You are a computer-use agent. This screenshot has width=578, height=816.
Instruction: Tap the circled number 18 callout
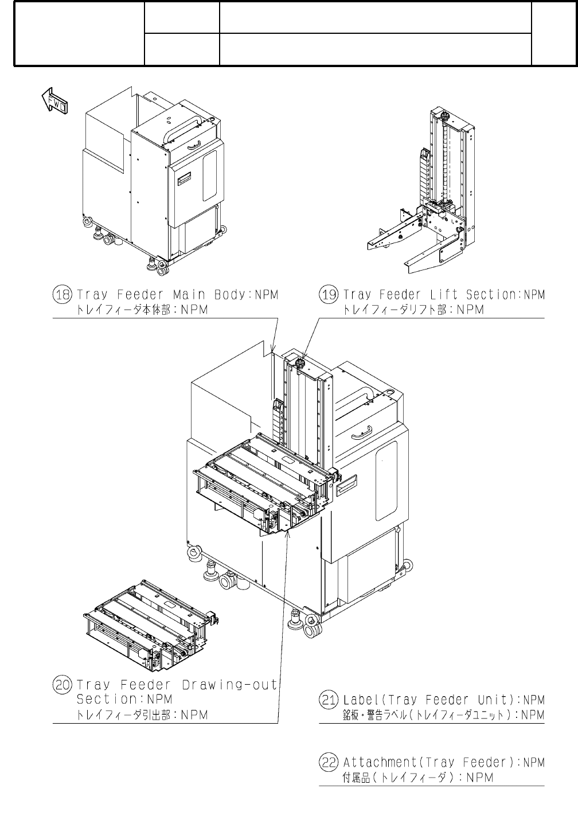pos(62,295)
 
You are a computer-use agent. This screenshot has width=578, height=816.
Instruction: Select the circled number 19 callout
pos(329,295)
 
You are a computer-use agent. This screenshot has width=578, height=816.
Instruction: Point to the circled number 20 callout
pos(62,685)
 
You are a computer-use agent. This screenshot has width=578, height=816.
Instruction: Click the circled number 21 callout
pos(329,700)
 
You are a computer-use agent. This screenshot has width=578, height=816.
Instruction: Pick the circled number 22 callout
pos(329,763)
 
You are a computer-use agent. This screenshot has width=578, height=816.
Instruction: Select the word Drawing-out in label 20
pos(229,685)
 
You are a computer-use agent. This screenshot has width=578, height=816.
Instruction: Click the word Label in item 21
pos(361,700)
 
